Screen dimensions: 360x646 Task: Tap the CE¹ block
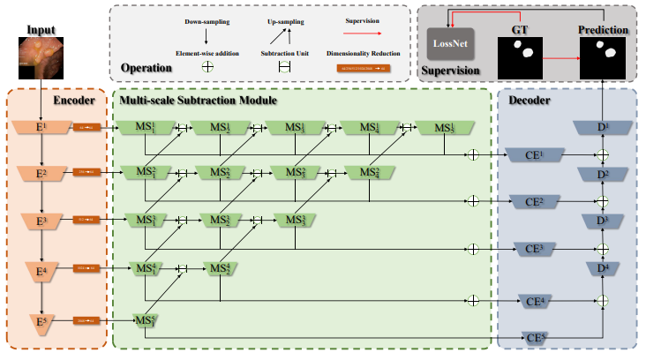[x=532, y=155]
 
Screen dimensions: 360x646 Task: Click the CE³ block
[x=532, y=250]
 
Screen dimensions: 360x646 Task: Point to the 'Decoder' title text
[x=531, y=101]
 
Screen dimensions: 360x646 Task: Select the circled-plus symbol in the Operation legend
[x=208, y=65]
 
